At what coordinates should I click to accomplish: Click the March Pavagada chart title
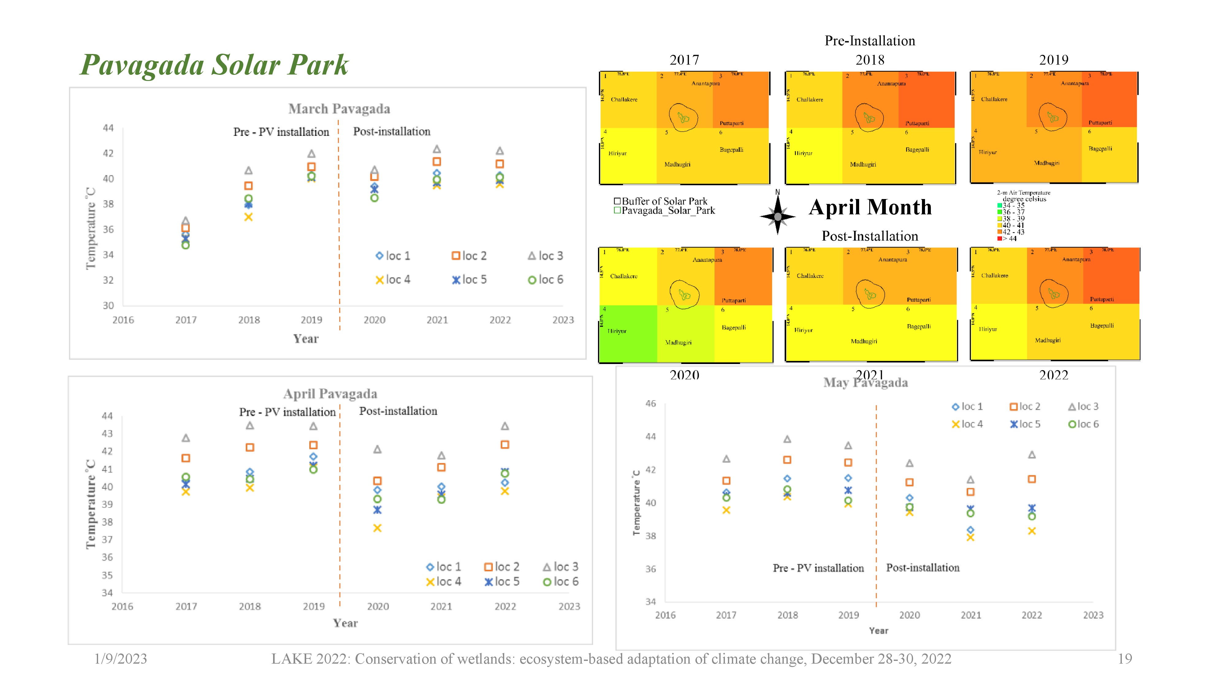(339, 109)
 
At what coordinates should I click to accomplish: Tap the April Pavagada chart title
(330, 394)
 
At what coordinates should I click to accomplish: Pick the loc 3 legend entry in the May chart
(1083, 407)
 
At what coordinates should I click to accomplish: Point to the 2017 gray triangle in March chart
(186, 221)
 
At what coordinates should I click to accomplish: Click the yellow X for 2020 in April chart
(377, 528)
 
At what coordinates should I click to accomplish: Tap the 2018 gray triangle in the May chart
(787, 439)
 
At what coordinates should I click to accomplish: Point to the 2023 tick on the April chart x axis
(569, 607)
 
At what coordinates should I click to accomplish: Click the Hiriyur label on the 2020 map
(617, 331)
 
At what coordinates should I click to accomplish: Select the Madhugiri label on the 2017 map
(677, 165)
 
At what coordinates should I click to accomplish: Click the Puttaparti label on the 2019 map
(1100, 123)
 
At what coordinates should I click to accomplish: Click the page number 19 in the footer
(1125, 659)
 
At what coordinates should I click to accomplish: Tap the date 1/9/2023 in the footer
(120, 659)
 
